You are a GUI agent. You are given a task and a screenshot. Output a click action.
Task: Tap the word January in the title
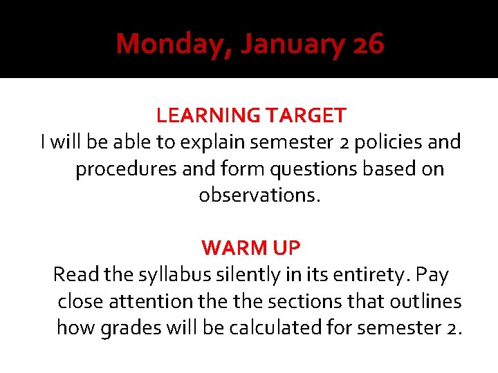click(293, 45)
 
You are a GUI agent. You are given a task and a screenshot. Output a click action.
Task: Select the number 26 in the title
click(368, 45)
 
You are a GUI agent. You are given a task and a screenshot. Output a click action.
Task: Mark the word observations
click(260, 195)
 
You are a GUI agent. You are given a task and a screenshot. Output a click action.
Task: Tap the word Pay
click(433, 275)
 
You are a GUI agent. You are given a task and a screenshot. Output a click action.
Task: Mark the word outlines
click(425, 301)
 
